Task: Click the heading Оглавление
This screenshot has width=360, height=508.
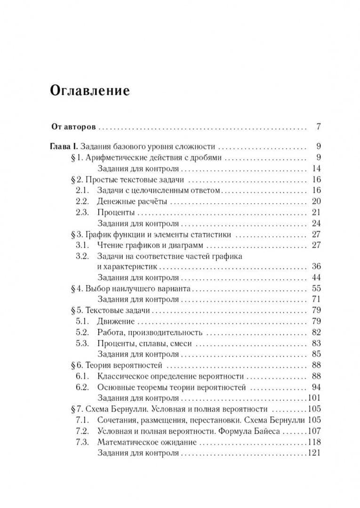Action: [89, 90]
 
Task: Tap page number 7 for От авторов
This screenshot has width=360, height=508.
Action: [318, 127]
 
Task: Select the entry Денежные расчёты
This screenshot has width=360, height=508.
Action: [132, 201]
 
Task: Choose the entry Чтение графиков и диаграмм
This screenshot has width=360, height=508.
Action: [151, 245]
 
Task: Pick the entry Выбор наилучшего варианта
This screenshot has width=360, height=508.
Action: [137, 288]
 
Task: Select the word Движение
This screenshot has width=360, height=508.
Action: [116, 321]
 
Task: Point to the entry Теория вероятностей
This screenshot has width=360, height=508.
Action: [124, 365]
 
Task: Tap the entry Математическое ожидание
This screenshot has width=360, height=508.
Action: [147, 442]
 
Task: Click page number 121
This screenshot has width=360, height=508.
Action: [313, 453]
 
